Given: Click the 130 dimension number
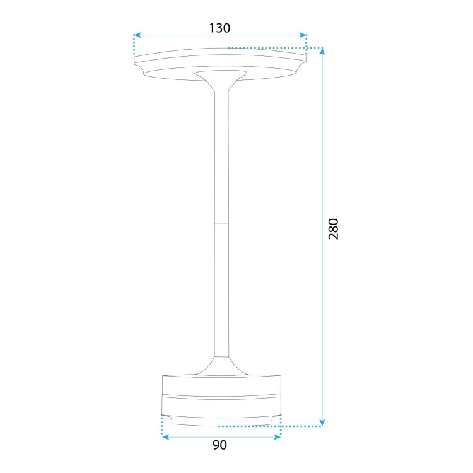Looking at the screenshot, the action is [219, 28].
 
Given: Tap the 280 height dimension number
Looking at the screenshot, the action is [334, 229].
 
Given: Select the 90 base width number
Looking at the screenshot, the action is [219, 445].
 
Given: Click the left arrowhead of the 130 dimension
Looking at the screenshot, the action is [137, 35].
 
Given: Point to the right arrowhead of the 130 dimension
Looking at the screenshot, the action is [303, 35].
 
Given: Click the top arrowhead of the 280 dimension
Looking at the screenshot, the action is [322, 52].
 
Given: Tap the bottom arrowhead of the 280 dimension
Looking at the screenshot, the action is [322, 423].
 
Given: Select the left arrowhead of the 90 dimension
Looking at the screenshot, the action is [166, 437].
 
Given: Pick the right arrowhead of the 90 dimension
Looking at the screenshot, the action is [277, 437].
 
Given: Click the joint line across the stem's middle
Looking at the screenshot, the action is [221, 223].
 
